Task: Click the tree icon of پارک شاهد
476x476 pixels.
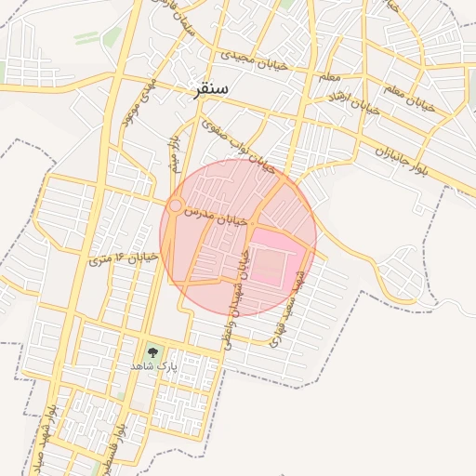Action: tap(152, 352)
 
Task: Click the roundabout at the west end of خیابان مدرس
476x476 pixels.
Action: tap(175, 206)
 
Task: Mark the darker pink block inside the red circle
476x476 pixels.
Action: tap(276, 258)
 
